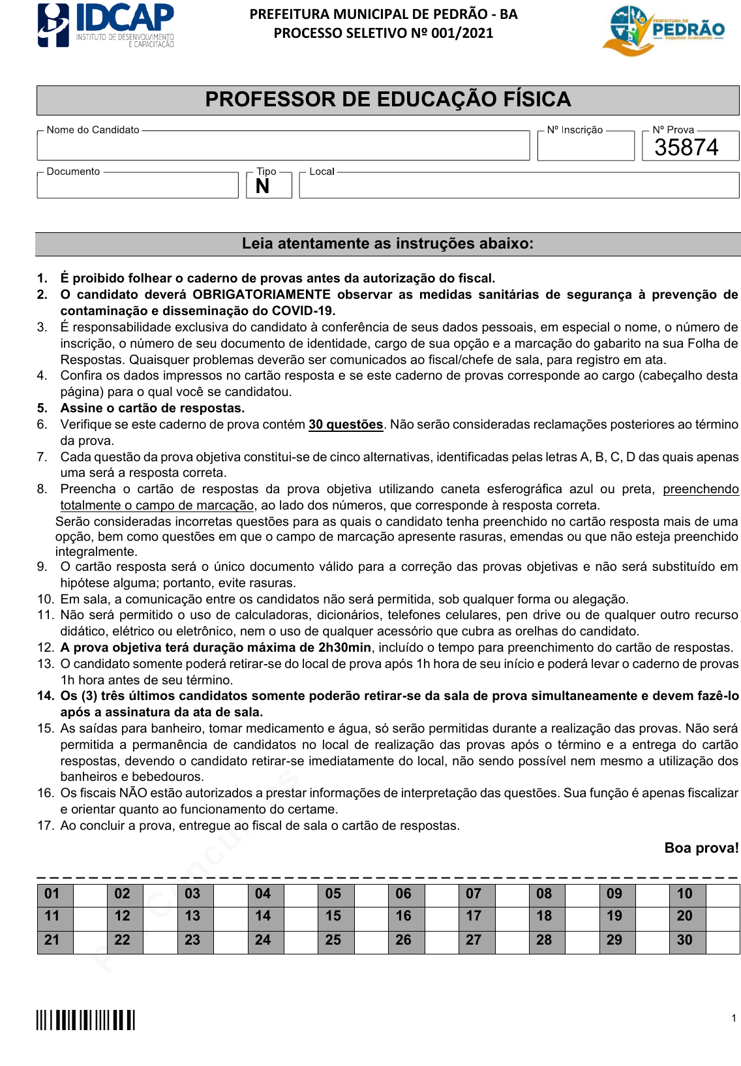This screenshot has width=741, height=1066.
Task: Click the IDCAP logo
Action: [x=106, y=25]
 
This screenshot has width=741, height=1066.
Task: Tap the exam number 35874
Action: [x=686, y=147]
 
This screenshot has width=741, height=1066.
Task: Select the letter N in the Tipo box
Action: [x=263, y=187]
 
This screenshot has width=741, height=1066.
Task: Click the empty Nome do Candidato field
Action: [x=283, y=146]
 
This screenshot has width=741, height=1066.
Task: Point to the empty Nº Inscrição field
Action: [x=585, y=147]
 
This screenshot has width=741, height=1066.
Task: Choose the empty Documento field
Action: [x=138, y=186]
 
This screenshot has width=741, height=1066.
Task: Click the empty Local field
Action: [x=519, y=186]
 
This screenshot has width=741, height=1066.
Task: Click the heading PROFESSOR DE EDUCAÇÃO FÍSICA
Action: [x=388, y=99]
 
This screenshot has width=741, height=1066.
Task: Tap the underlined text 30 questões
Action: [x=346, y=424]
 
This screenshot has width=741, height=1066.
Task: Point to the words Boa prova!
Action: [x=701, y=847]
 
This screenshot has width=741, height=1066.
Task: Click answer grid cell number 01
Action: [x=52, y=894]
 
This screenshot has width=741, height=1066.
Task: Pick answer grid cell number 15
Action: [x=333, y=916]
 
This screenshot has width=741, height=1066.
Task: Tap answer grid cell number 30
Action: [x=684, y=940]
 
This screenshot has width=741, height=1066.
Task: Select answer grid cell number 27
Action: [x=474, y=940]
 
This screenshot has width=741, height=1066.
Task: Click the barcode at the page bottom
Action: [x=85, y=1020]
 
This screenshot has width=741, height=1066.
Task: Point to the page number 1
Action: [x=734, y=1018]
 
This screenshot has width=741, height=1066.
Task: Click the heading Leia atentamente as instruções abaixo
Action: [x=387, y=243]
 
